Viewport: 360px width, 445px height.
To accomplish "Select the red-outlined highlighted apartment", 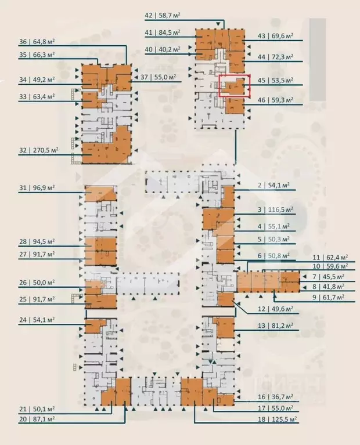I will pos(233,85).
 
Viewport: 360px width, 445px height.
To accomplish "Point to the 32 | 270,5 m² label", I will pos(37,150).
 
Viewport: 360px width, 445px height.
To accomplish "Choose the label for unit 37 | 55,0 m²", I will pos(159,77).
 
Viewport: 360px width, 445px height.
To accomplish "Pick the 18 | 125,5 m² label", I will pos(277,418).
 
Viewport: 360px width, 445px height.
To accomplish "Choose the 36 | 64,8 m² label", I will pos(37,41).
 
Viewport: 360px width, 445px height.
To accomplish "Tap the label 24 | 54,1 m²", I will pos(37,320).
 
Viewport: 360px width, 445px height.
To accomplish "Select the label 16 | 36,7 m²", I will pos(275,398).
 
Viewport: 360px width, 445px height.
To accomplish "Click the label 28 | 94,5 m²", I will pos(37,241).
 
